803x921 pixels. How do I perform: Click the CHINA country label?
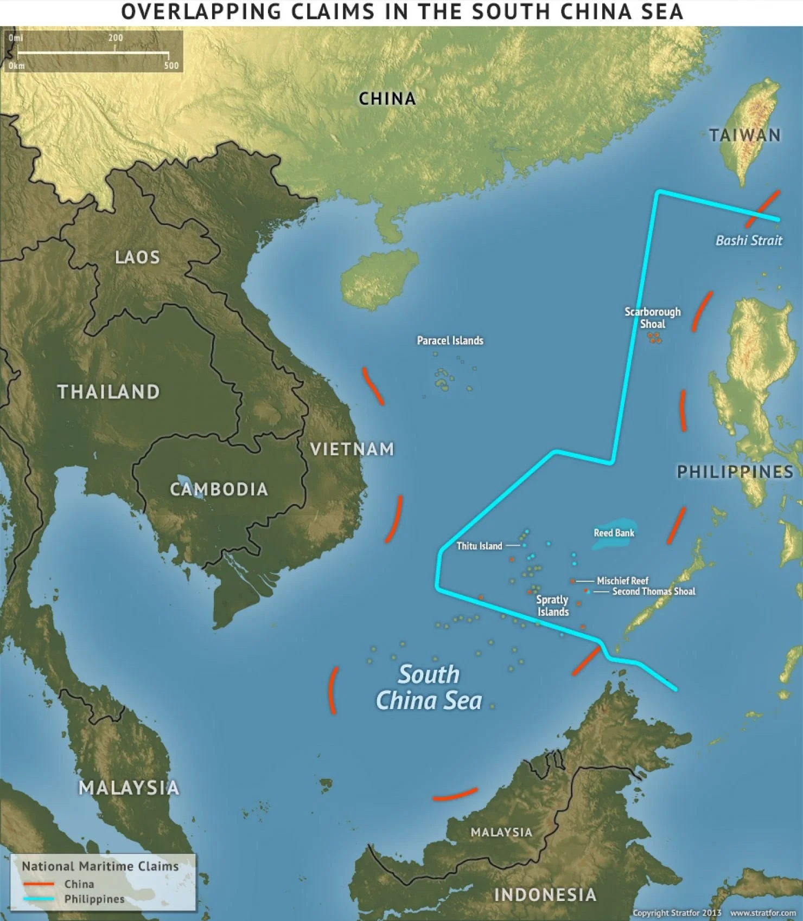pyautogui.click(x=387, y=99)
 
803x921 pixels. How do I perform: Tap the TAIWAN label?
pyautogui.click(x=745, y=135)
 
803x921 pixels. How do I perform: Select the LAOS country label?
pyautogui.click(x=137, y=257)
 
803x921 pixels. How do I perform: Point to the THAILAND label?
pyautogui.click(x=109, y=392)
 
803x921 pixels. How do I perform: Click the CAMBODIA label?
pyautogui.click(x=219, y=490)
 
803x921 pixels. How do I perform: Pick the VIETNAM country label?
pyautogui.click(x=352, y=449)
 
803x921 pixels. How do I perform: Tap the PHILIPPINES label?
pyautogui.click(x=735, y=472)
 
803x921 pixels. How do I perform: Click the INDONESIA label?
pyautogui.click(x=545, y=894)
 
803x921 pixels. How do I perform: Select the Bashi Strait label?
pyautogui.click(x=749, y=241)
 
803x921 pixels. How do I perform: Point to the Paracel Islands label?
pyautogui.click(x=450, y=340)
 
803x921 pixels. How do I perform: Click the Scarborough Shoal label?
pyautogui.click(x=652, y=318)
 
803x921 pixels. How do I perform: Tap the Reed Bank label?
pyautogui.click(x=614, y=533)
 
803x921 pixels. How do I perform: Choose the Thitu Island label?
pyautogui.click(x=479, y=546)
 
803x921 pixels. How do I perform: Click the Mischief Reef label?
pyautogui.click(x=622, y=581)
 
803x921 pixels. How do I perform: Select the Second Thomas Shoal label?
pyautogui.click(x=653, y=591)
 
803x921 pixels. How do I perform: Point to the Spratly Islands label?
pyautogui.click(x=552, y=606)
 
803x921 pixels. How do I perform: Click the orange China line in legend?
pyautogui.click(x=39, y=884)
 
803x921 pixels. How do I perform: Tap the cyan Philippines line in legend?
pyautogui.click(x=39, y=899)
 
